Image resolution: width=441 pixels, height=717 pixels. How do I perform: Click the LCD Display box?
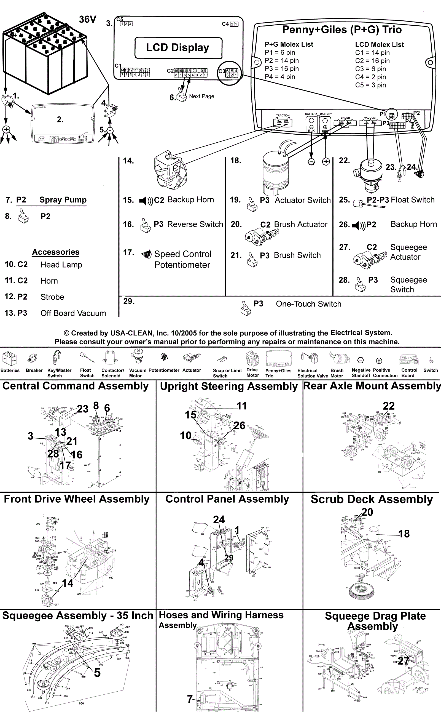click(178, 47)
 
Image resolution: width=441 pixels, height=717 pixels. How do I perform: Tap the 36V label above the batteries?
click(87, 19)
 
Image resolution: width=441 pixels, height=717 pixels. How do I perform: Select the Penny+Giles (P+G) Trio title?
click(342, 30)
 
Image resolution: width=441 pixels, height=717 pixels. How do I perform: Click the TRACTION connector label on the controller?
click(283, 116)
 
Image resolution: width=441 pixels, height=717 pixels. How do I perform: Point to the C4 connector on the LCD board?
click(230, 24)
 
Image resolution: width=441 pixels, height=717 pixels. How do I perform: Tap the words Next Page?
click(201, 96)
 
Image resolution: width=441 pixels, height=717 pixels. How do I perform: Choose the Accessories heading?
click(56, 252)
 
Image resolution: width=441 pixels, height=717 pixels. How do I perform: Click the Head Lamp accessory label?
click(61, 265)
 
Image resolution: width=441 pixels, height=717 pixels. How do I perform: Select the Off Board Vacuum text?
click(73, 313)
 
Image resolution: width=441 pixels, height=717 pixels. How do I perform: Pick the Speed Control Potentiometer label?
click(182, 259)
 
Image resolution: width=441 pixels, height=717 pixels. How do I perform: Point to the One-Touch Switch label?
click(308, 304)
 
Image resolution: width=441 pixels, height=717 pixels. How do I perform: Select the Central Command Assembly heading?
click(76, 386)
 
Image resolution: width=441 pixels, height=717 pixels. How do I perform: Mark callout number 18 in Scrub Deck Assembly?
click(404, 534)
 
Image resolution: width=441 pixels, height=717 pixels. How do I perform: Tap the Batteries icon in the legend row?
click(9, 359)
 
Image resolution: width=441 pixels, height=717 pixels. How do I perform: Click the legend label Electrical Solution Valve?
click(313, 373)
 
